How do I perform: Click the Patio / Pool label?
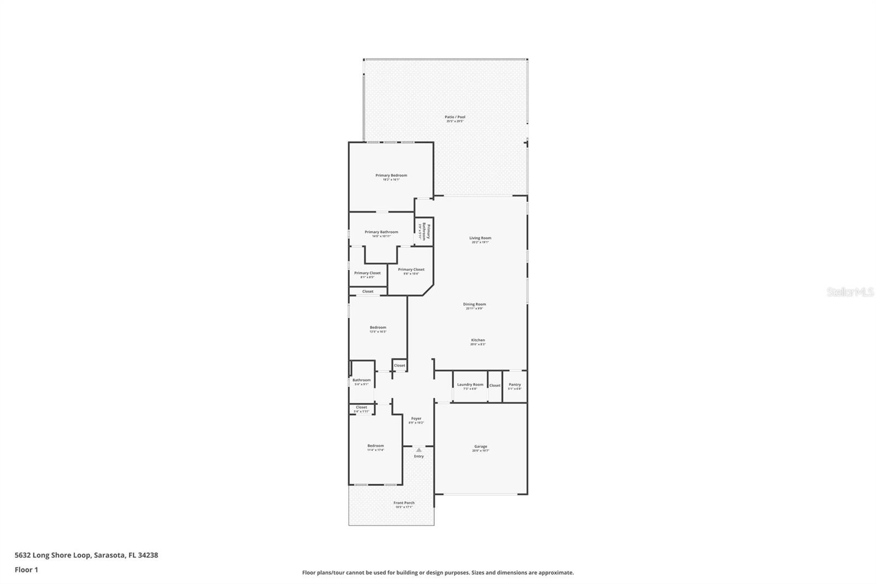tap(454, 117)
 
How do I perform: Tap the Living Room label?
tap(480, 238)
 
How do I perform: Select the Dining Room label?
tap(474, 305)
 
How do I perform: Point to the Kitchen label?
tap(477, 341)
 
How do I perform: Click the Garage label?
tap(480, 447)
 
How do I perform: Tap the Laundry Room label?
tap(470, 385)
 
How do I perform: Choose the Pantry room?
tap(515, 386)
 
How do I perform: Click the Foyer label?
tap(416, 419)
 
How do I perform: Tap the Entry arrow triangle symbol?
tap(419, 450)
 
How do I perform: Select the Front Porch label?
tap(404, 503)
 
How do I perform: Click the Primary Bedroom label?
tap(391, 176)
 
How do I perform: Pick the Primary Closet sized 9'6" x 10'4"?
tap(411, 270)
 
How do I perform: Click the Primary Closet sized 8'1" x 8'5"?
tap(367, 273)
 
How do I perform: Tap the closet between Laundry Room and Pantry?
tap(495, 386)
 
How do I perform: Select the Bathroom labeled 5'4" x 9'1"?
tap(361, 381)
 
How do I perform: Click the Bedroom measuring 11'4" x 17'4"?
tap(376, 446)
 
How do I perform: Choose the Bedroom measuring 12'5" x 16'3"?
tap(378, 328)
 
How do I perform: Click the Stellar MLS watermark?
tap(850, 292)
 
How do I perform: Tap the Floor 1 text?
tap(26, 570)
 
